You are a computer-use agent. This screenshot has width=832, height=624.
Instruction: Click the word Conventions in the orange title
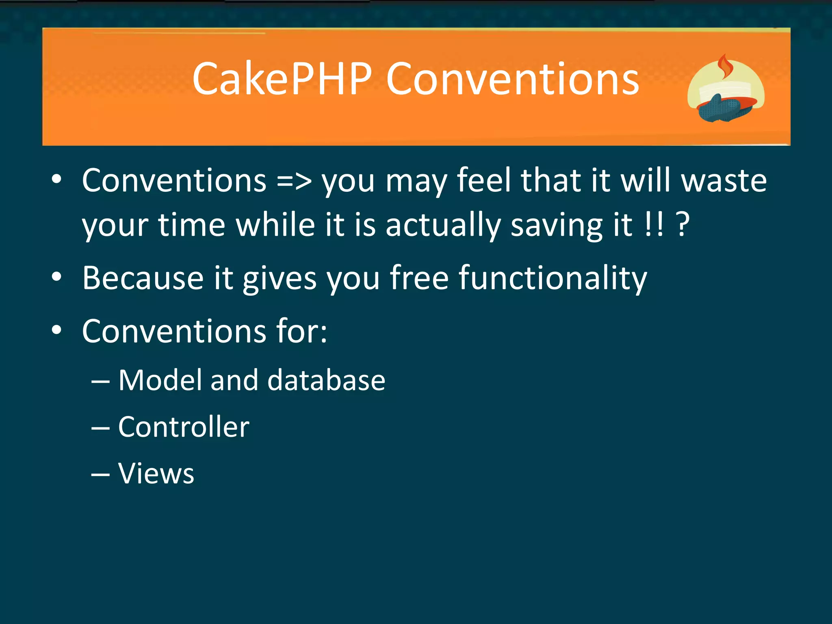(513, 79)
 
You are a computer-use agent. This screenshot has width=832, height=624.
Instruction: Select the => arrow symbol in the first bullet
(294, 181)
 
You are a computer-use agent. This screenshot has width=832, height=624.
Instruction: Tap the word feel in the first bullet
(483, 181)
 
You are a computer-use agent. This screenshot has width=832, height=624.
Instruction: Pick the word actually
(443, 225)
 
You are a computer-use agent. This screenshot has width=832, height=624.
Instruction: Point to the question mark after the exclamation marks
(683, 225)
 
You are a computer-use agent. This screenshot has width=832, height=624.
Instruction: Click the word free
(419, 278)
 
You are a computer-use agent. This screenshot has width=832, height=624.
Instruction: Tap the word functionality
(553, 278)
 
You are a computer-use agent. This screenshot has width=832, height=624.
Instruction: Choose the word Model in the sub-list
(160, 380)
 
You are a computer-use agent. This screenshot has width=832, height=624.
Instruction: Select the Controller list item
(184, 427)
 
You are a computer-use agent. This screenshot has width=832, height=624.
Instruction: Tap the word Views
(156, 474)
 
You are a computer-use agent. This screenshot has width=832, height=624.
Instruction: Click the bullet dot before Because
(56, 277)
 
